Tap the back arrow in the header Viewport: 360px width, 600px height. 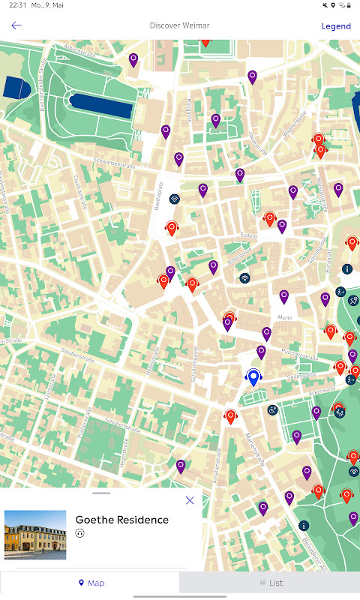[16, 25]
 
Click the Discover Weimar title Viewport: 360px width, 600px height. [179, 25]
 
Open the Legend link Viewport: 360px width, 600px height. [336, 26]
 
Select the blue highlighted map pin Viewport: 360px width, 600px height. [253, 376]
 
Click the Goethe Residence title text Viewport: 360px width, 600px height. [122, 520]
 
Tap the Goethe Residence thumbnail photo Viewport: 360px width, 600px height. [35, 535]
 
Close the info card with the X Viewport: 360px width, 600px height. [190, 500]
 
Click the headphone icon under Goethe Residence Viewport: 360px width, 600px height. [80, 533]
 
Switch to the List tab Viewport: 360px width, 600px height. [271, 583]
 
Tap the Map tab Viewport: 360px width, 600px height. [91, 583]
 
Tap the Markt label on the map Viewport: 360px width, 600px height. [284, 318]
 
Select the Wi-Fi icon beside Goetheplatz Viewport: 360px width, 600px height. [175, 199]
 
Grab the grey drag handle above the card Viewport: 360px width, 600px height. [101, 493]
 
